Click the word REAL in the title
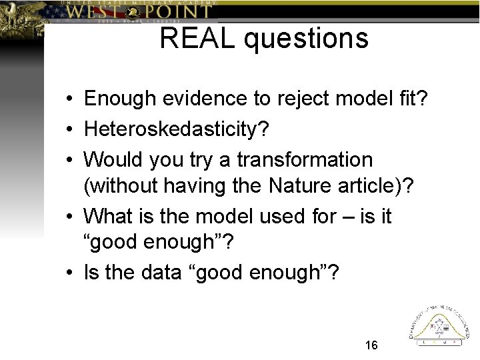tap(198, 38)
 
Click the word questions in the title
tap(306, 39)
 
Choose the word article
tap(371, 186)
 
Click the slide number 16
tap(371, 345)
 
